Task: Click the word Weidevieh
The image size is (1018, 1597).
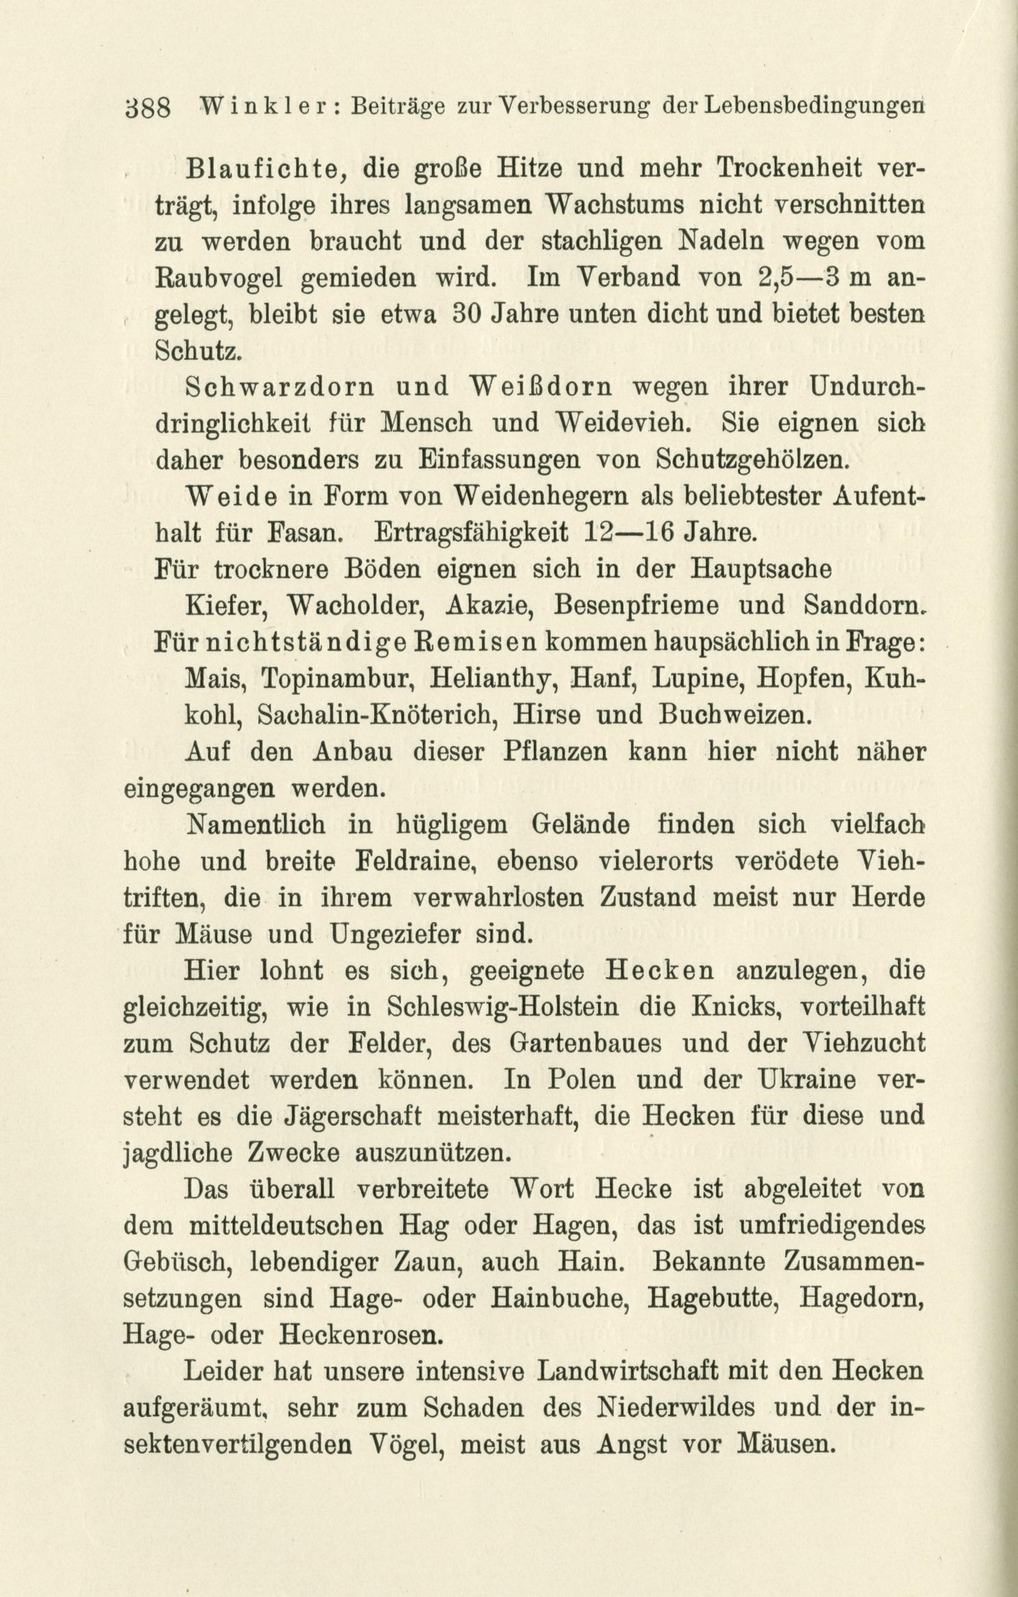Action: click(x=624, y=424)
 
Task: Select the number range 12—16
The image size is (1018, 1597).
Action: click(x=626, y=533)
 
